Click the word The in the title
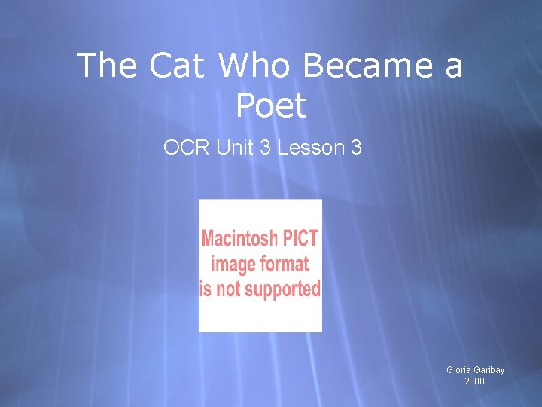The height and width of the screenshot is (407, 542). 106,66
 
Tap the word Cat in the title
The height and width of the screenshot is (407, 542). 177,66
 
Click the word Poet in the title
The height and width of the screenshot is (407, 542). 271,106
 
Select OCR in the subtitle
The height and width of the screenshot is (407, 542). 187,148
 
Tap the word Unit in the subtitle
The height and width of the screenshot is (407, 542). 236,148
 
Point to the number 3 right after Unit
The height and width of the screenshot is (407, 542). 265,148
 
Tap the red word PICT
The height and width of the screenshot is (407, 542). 301,240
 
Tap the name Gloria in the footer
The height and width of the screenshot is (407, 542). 458,370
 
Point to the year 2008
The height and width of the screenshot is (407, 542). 474,381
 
